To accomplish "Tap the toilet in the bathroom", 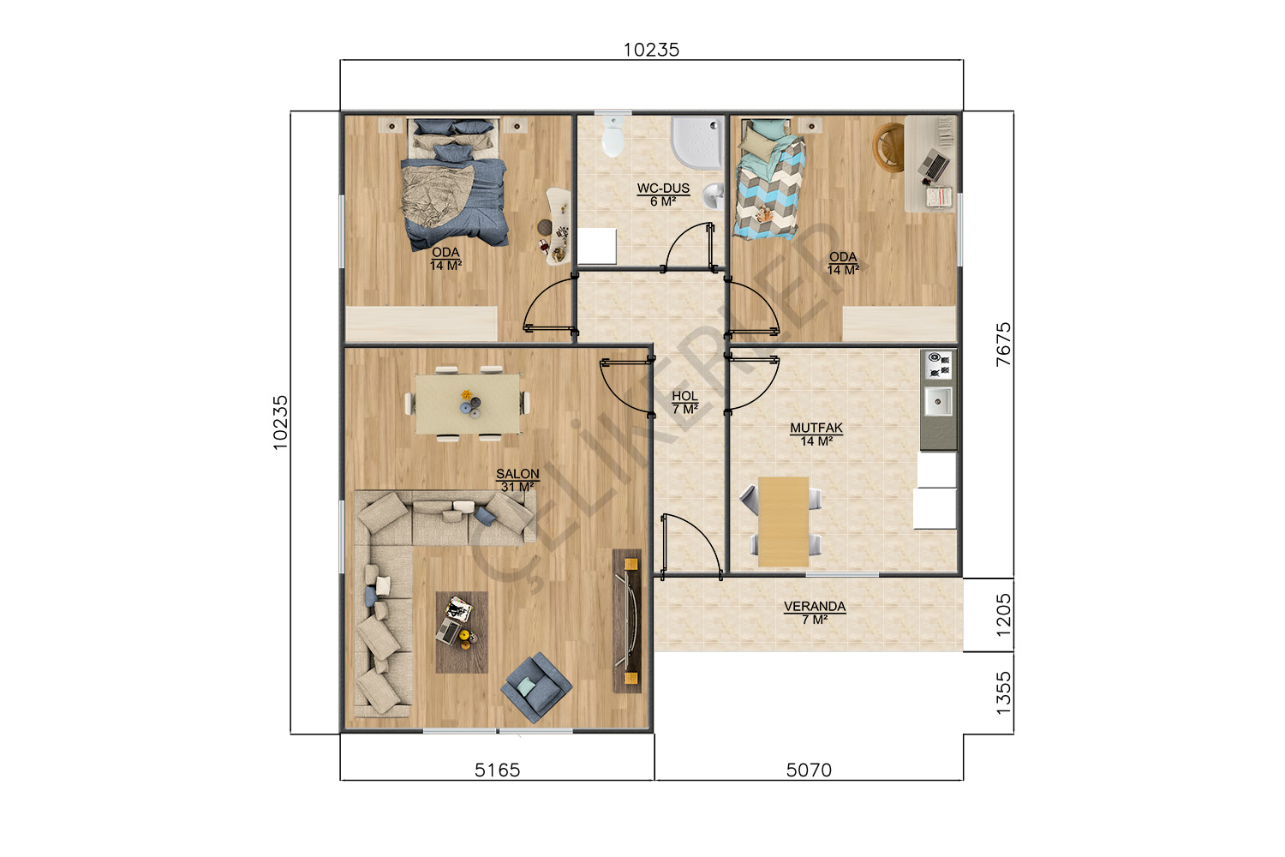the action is (x=613, y=136).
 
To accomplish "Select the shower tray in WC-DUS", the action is (x=697, y=142).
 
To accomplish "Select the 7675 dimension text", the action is (x=1003, y=345).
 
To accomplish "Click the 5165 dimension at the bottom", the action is (x=498, y=770).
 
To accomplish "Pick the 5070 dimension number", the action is (x=809, y=770).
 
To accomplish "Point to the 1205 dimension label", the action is (x=1003, y=615).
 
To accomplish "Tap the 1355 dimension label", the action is (x=1003, y=693).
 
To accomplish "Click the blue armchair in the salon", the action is (x=535, y=687).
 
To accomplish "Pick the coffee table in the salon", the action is (x=462, y=632).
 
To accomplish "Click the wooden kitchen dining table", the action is (x=784, y=522).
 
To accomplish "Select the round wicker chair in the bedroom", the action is (x=888, y=147).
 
